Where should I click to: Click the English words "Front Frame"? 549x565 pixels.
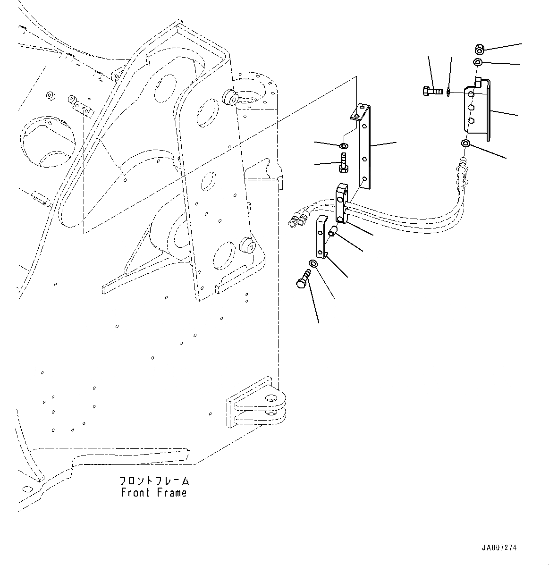(154, 493)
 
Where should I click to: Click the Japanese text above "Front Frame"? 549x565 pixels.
(154, 481)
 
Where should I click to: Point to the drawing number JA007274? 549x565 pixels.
(499, 548)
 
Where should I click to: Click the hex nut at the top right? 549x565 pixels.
(479, 49)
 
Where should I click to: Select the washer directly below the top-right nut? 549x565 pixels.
(478, 62)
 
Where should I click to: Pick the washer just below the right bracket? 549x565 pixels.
(466, 143)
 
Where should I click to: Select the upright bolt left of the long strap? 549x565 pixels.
(343, 162)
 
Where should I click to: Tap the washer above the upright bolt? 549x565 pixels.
(344, 144)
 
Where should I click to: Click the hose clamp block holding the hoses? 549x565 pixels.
(342, 203)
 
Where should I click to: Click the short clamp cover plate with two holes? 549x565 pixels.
(321, 238)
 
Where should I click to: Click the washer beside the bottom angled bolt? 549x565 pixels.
(313, 263)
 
